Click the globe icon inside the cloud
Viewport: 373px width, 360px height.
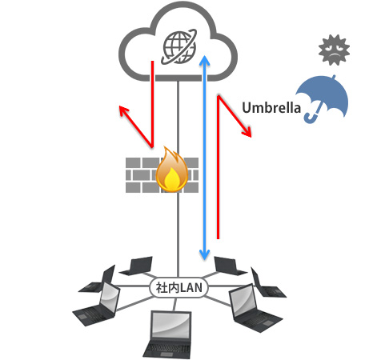click(x=178, y=47)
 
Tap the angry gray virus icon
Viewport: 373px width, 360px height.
click(x=334, y=50)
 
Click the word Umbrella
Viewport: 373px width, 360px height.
click(x=271, y=108)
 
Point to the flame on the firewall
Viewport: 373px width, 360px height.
click(x=172, y=170)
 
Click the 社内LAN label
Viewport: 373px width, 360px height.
click(x=178, y=288)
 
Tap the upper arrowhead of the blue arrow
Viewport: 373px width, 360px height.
click(x=205, y=60)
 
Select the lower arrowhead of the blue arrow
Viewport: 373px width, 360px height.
click(x=205, y=254)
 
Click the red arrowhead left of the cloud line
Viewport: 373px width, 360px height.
click(x=123, y=110)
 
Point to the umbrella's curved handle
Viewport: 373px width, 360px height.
click(x=313, y=117)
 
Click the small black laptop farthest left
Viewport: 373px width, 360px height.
click(x=98, y=279)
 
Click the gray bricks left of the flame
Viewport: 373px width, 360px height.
click(x=141, y=175)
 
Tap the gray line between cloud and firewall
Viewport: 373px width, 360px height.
click(x=178, y=114)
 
